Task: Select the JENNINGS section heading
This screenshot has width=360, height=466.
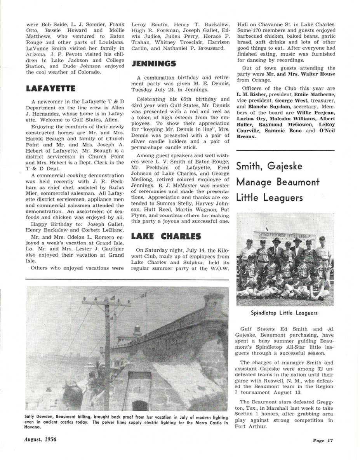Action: pos(153,64)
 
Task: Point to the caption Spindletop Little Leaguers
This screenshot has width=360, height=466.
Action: pos(284,313)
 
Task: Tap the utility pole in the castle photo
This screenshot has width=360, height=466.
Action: pos(106,349)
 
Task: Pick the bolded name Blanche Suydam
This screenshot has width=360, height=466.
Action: pos(267,106)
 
